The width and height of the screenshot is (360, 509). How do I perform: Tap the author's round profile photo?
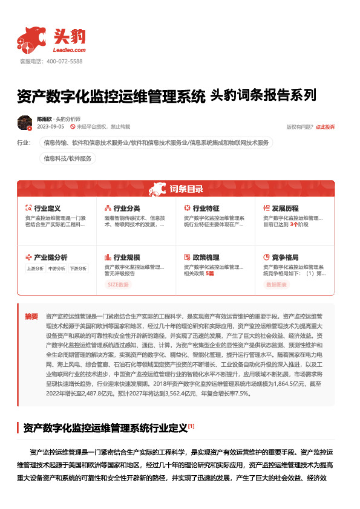pos(25,123)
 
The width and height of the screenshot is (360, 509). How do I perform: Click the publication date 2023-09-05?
pos(50,128)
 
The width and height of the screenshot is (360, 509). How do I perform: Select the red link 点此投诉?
pos(325,128)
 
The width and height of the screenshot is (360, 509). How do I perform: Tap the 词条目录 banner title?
pos(186,189)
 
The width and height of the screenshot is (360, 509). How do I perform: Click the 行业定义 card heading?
pos(47,208)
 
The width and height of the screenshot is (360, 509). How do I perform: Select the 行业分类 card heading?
pos(126,208)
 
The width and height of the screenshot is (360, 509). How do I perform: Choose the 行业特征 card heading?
pos(206,208)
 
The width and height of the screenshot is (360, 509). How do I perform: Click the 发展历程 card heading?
pos(285,208)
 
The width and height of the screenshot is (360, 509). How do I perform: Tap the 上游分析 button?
pos(34,268)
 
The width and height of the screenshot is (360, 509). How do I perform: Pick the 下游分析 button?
pos(78,268)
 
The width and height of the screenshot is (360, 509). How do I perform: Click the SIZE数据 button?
pos(118,284)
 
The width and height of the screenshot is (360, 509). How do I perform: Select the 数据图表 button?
pos(277,284)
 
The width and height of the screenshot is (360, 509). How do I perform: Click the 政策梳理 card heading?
pos(206,257)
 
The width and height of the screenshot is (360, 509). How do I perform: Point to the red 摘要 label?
pos(31,316)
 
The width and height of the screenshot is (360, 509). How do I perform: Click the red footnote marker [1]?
pos(191,426)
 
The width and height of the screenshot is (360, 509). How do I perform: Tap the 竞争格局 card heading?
pos(285,257)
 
